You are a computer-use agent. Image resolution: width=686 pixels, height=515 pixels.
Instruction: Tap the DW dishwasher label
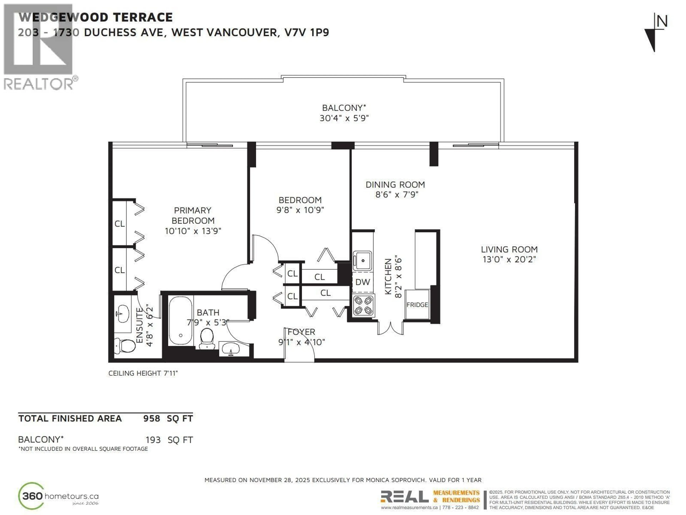[362, 282]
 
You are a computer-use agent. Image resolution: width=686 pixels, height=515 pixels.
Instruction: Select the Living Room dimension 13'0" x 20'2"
[509, 259]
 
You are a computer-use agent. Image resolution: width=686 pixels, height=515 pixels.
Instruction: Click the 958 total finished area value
[151, 418]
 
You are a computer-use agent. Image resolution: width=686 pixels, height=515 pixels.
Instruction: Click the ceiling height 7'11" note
[143, 373]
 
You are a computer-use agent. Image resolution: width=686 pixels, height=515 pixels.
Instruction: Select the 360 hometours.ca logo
[58, 496]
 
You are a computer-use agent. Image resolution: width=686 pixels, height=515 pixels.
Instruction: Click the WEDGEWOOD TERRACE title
[96, 17]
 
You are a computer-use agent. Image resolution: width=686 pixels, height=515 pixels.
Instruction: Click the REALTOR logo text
[39, 84]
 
